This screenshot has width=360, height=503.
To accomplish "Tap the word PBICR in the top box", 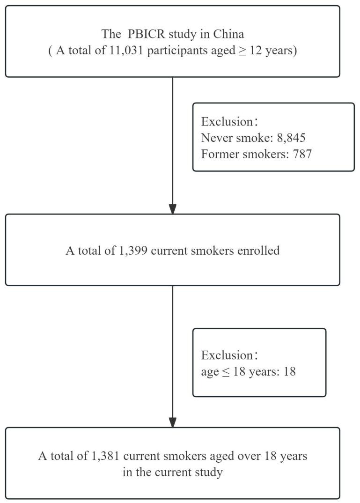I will click(140, 35).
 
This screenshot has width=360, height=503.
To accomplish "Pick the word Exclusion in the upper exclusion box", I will click(226, 122).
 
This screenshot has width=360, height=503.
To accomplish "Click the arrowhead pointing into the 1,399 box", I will click(173, 208).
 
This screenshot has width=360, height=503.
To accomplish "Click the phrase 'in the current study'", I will click(173, 472).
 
